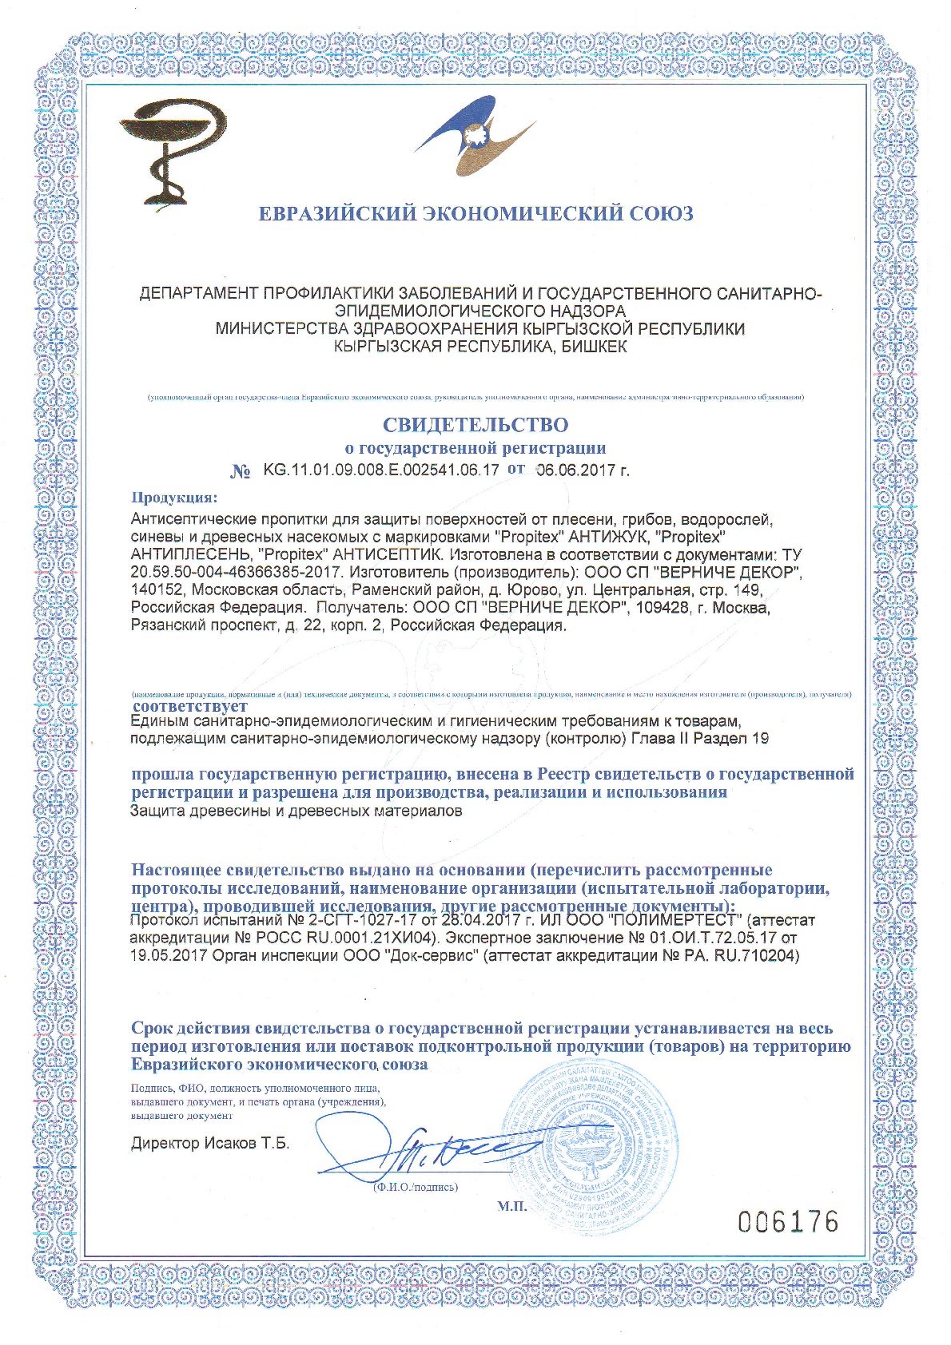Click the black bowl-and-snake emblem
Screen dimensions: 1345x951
tap(173, 152)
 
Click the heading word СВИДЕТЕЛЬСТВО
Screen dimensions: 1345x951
tap(475, 425)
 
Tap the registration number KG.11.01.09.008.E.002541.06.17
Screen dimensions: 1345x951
tap(381, 470)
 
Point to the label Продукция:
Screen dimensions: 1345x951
tap(174, 498)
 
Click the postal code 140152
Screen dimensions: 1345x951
tap(155, 590)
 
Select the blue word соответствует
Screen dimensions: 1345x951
tap(190, 706)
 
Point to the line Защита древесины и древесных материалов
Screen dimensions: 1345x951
tap(296, 811)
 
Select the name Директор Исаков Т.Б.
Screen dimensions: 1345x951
tap(210, 1143)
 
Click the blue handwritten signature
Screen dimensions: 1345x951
tap(424, 1150)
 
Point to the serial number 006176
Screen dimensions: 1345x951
tap(788, 1221)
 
